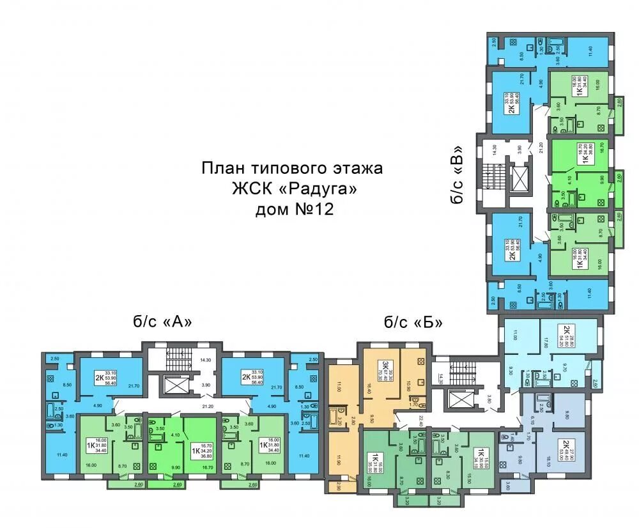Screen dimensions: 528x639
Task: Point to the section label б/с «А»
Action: point(163,322)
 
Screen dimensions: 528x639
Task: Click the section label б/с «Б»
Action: point(413,322)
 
